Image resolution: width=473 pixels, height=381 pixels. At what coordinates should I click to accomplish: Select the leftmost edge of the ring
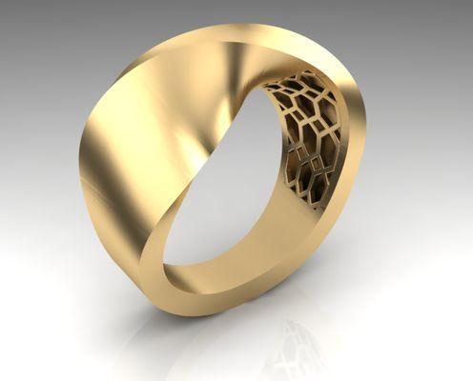click(82, 162)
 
